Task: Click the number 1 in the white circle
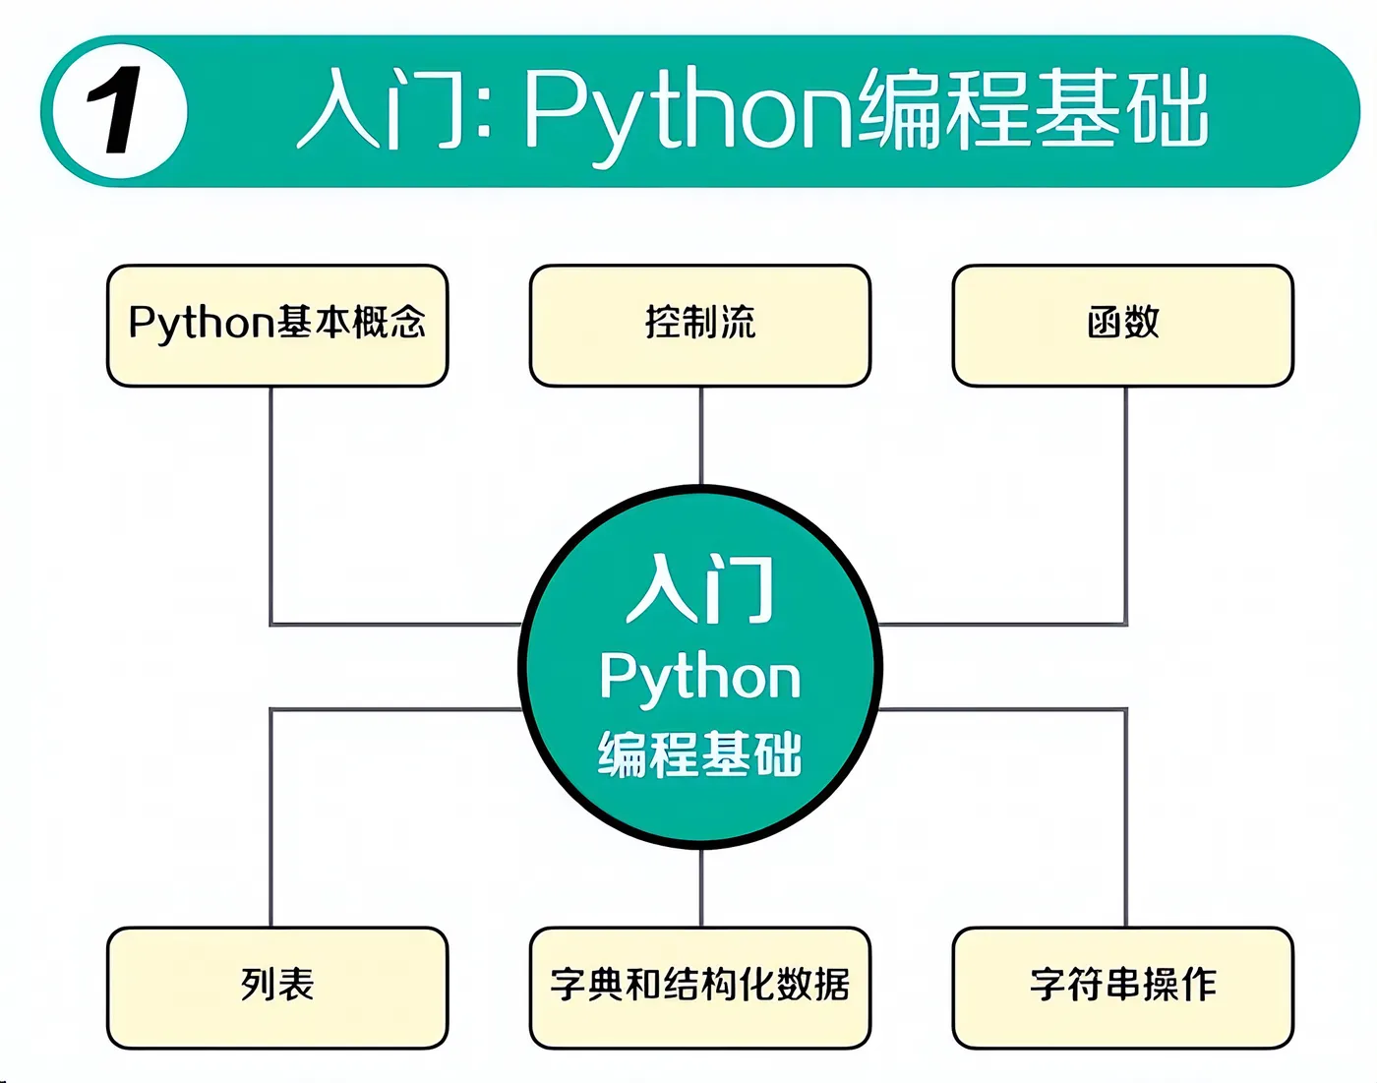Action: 118,111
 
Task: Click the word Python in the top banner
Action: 688,111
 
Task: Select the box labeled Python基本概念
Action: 277,325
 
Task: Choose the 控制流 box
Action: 700,325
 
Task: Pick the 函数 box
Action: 1123,325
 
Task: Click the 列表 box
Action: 277,987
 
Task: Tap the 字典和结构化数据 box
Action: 700,987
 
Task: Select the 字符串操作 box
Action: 1123,987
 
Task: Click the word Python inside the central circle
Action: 700,678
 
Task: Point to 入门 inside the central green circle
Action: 700,589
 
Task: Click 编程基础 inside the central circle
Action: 700,754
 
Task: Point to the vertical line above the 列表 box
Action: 270,816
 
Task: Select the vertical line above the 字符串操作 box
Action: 1125,816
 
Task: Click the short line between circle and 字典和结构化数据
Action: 701,886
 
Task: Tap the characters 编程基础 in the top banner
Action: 1034,109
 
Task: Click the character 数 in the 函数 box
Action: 1142,323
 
